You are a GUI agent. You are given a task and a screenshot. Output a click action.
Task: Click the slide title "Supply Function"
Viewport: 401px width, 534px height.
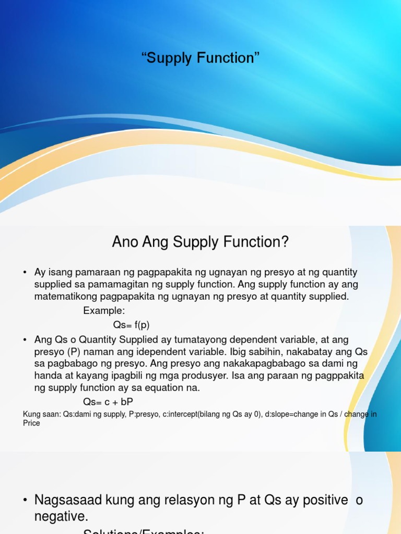click(200, 58)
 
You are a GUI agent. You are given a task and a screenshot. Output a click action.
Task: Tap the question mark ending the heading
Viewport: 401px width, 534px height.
click(285, 242)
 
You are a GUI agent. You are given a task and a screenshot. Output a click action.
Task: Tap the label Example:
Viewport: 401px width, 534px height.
click(104, 311)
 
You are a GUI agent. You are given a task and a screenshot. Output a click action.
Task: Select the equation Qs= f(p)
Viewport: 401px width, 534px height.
click(131, 325)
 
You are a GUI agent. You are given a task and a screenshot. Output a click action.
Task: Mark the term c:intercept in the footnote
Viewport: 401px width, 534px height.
click(176, 415)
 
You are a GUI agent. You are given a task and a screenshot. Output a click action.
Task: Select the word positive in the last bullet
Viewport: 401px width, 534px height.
click(321, 500)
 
